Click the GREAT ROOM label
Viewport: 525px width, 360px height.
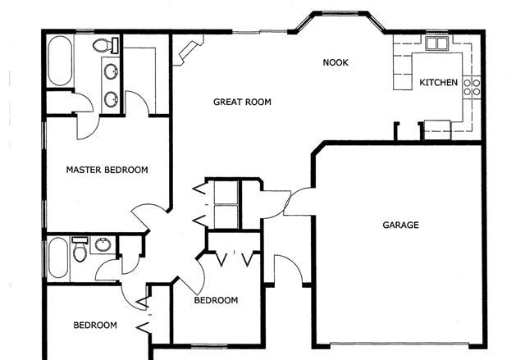tap(242, 103)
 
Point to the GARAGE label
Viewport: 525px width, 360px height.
tap(400, 225)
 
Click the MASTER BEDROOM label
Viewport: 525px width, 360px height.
tap(107, 171)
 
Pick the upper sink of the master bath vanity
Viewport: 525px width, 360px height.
tap(110, 71)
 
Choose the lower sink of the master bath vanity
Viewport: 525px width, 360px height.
tap(110, 98)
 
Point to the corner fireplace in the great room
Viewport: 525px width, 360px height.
tap(183, 54)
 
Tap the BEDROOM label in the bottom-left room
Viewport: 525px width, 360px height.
tap(95, 326)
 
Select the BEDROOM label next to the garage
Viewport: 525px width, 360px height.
tap(216, 301)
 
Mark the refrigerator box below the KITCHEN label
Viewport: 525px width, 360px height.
tap(436, 127)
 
